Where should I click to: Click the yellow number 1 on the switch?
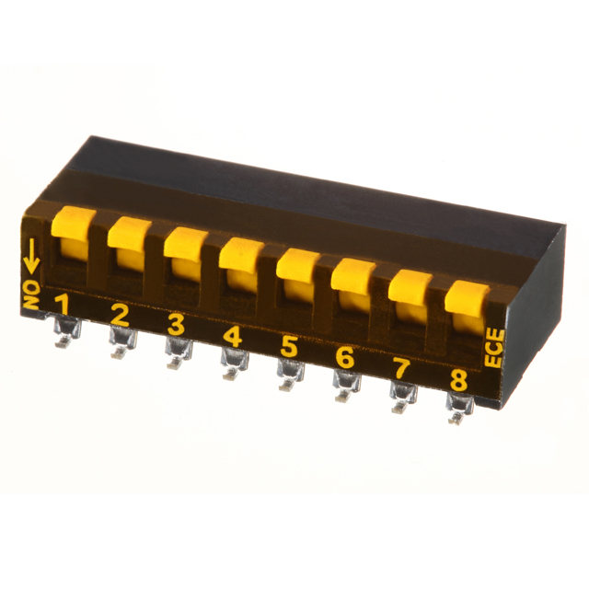click(x=63, y=305)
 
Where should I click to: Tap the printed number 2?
click(x=120, y=315)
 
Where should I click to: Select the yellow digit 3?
click(x=176, y=325)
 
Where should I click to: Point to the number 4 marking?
click(x=233, y=336)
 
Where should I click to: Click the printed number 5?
click(x=289, y=347)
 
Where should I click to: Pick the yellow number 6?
click(x=345, y=358)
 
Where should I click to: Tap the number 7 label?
click(x=401, y=368)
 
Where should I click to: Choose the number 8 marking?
click(x=458, y=380)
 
